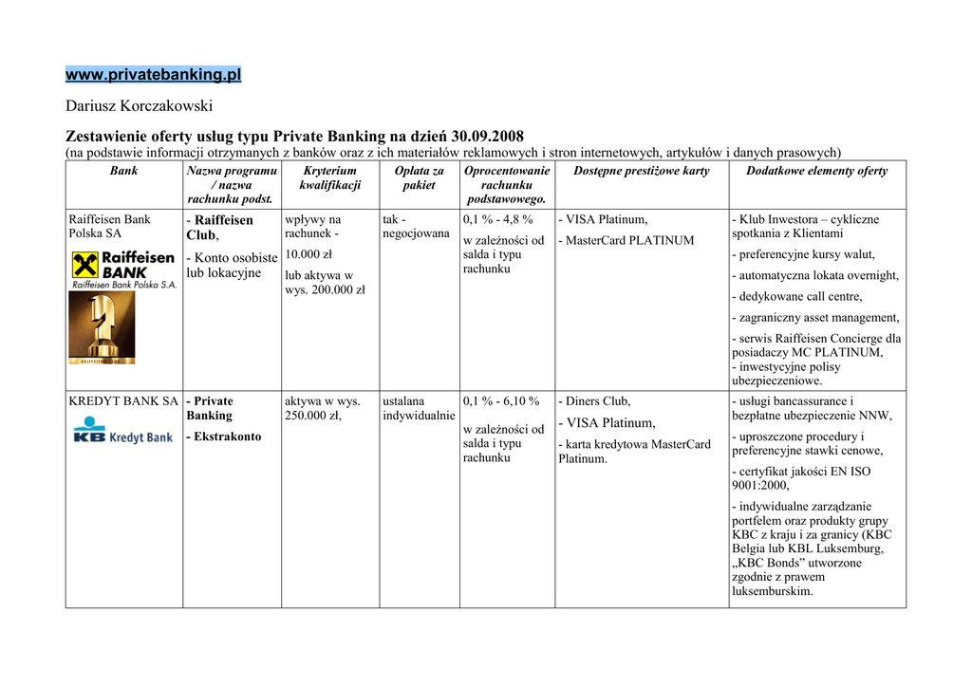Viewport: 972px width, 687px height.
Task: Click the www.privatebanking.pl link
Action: pyautogui.click(x=153, y=74)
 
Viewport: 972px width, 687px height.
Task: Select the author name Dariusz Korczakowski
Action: pyautogui.click(x=139, y=105)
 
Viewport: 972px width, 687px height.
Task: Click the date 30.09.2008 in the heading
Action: pyautogui.click(x=487, y=136)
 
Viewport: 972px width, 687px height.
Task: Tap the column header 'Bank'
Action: pyautogui.click(x=123, y=171)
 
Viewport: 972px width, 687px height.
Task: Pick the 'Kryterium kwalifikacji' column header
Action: pyautogui.click(x=329, y=178)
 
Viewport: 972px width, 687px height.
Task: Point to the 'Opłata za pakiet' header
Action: pyautogui.click(x=419, y=178)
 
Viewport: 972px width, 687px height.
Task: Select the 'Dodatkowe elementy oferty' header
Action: pyautogui.click(x=816, y=171)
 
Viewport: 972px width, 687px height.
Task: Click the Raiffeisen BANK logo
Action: pyautogui.click(x=123, y=269)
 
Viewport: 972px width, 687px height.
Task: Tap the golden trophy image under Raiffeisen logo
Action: pyautogui.click(x=102, y=328)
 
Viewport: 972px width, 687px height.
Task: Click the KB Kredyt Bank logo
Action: pyautogui.click(x=123, y=436)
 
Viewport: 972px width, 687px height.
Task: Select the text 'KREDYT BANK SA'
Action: pyautogui.click(x=123, y=401)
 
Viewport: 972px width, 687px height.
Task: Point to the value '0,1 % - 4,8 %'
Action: pyautogui.click(x=497, y=219)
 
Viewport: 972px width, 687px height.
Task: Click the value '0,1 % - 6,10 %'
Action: pyautogui.click(x=500, y=401)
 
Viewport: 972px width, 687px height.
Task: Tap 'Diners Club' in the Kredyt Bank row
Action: pyautogui.click(x=597, y=401)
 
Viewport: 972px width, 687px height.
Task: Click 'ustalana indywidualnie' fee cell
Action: pyautogui.click(x=418, y=409)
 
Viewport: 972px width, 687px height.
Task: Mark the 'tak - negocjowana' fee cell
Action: pyautogui.click(x=416, y=227)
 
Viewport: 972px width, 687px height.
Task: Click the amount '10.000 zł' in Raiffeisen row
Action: pyautogui.click(x=308, y=254)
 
